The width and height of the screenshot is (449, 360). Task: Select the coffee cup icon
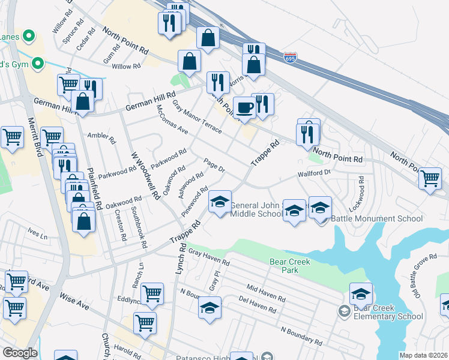pyautogui.click(x=244, y=108)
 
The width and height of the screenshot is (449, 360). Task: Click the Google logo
pyautogui.click(x=20, y=353)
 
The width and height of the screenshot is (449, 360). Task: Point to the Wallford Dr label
pyautogui.click(x=315, y=174)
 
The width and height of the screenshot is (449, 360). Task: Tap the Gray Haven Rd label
pyautogui.click(x=209, y=259)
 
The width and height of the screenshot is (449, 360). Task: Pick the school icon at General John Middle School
pyautogui.click(x=220, y=202)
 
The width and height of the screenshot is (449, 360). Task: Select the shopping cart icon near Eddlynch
pyautogui.click(x=152, y=293)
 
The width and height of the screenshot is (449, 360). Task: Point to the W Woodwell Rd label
pyautogui.click(x=146, y=175)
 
